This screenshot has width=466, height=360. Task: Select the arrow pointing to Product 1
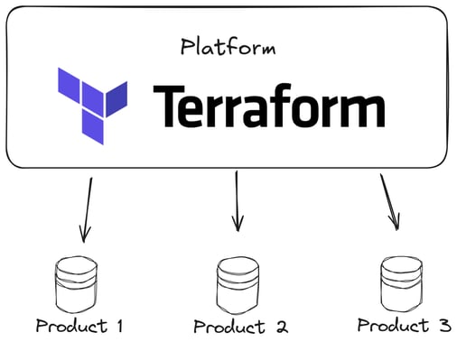(87, 209)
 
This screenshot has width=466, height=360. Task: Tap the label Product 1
(79, 326)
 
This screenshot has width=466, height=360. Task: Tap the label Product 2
(240, 327)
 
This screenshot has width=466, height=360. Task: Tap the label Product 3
(404, 325)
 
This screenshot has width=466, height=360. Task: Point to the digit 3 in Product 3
(444, 325)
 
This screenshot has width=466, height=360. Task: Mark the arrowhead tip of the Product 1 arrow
(83, 242)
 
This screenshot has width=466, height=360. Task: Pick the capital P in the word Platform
(187, 46)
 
